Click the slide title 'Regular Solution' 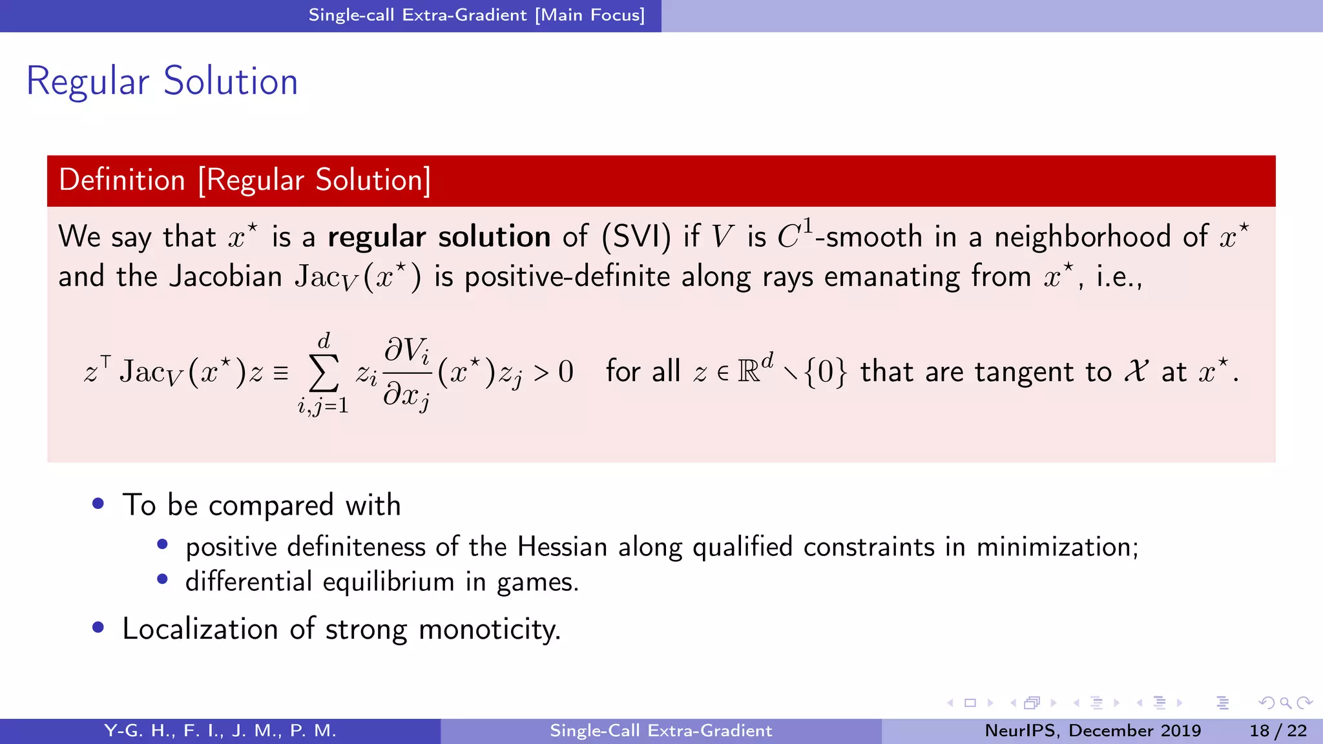162,81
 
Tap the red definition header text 245,180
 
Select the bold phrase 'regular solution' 439,237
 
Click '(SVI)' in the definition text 636,237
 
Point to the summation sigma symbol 324,373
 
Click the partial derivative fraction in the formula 407,373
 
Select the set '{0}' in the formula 825,372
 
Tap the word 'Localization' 200,629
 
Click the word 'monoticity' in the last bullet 490,629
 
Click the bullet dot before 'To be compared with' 98,504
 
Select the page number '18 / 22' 1278,730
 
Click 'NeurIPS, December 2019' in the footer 1092,730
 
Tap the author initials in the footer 220,730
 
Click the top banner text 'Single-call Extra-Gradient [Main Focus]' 477,15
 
